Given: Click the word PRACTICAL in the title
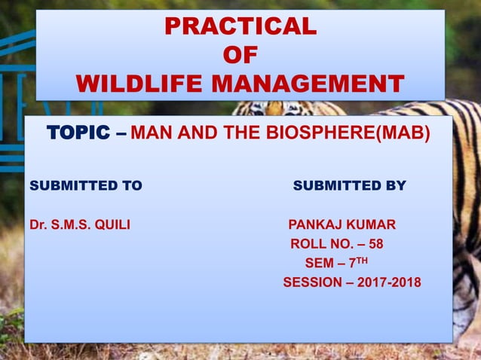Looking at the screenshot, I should coord(240,26).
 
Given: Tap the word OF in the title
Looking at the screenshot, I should coord(240,55).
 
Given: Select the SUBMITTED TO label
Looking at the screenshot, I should coord(85,185).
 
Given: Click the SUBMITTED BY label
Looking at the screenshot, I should coord(349,185).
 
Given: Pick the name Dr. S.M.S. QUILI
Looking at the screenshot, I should coord(79,224).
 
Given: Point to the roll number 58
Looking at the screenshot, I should coord(375,244).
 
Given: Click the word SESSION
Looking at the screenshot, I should coord(310,283).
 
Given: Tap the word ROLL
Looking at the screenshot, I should coord(307,244).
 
